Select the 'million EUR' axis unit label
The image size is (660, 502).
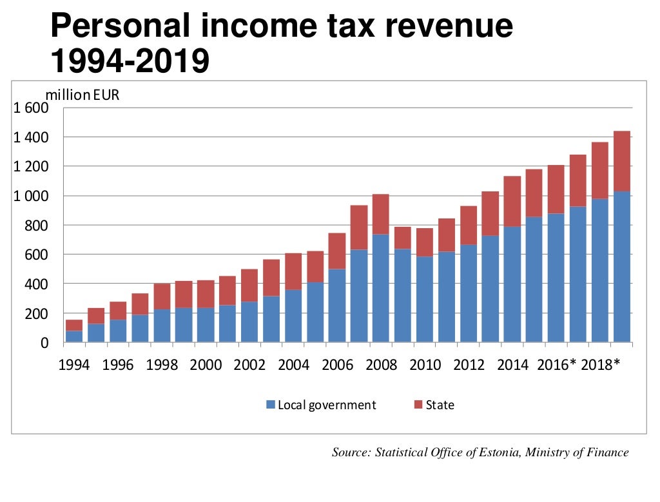tap(82, 95)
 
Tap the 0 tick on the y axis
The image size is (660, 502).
tap(44, 343)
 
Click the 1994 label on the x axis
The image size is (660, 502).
tap(74, 365)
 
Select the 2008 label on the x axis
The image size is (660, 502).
tap(381, 365)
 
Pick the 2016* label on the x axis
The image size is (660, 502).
tap(556, 365)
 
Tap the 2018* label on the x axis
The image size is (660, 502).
tap(600, 365)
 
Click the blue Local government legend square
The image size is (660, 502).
tap(271, 405)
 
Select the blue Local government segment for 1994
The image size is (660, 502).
tap(74, 336)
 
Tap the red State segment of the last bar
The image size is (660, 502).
tap(622, 161)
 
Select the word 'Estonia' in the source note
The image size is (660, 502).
tap(499, 452)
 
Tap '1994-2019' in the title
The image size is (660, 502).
tap(130, 62)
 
